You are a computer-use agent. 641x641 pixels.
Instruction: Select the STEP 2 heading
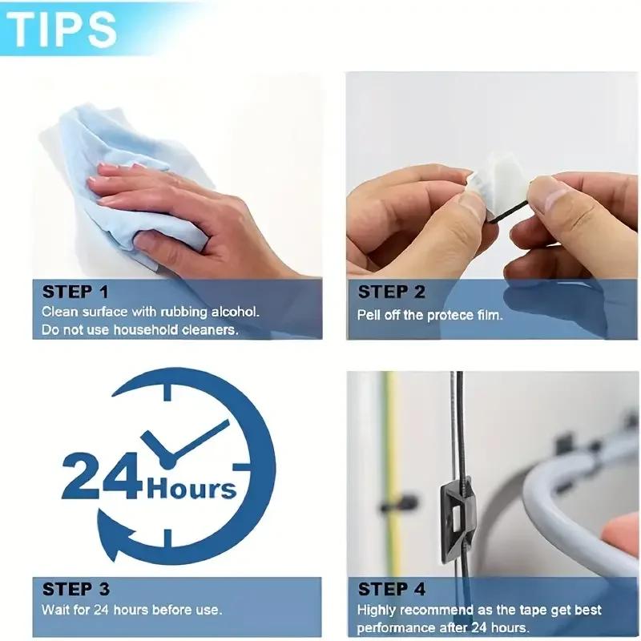click(x=391, y=292)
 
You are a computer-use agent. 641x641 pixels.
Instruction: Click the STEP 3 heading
click(x=75, y=590)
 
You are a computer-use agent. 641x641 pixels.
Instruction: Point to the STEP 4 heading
click(x=391, y=590)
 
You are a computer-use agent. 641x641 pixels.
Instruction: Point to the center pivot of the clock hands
click(x=169, y=460)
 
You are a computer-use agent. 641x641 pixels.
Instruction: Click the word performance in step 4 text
click(x=396, y=628)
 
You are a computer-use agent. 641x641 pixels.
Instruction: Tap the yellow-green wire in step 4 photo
click(x=393, y=449)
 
